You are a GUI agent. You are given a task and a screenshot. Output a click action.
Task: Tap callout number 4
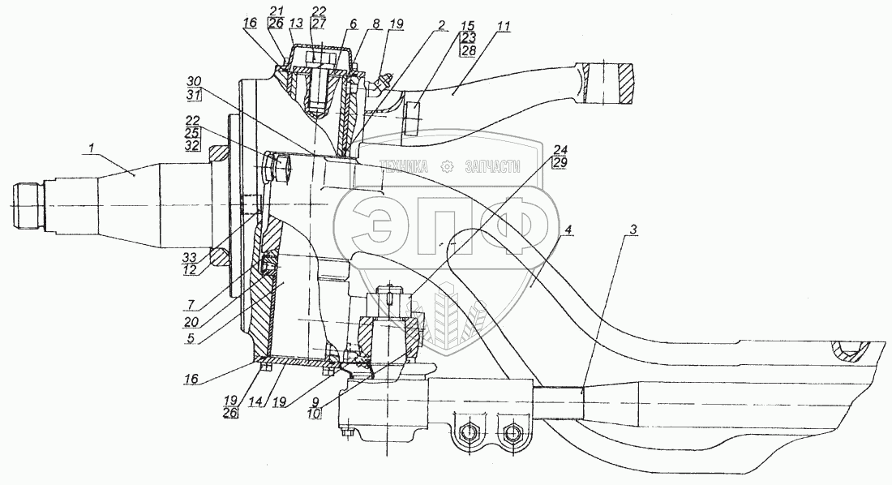569,230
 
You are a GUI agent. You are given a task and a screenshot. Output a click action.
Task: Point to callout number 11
504,27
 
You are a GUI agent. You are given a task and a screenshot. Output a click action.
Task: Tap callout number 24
560,150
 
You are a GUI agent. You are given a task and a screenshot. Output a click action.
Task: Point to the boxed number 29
560,164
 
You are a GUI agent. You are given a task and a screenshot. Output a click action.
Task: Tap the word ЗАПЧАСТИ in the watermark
492,166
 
